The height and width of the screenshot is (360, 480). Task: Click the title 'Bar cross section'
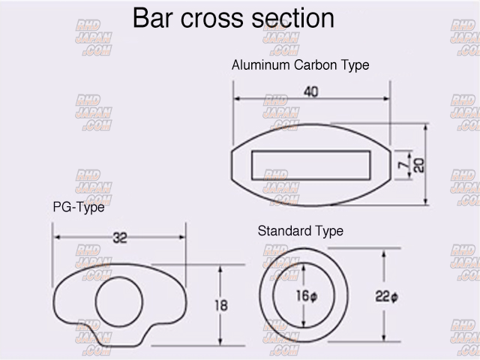[233, 18]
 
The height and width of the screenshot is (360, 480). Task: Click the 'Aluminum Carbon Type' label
[300, 65]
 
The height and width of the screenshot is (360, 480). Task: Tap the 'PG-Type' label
[78, 208]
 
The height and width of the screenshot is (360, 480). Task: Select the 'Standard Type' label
[300, 231]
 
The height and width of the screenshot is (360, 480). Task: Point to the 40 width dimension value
[311, 92]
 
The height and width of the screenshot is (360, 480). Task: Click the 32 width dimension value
[119, 238]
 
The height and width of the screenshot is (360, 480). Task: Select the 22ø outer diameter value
[385, 297]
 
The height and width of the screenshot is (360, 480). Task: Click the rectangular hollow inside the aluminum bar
[310, 164]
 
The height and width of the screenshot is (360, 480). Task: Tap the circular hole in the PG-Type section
[118, 301]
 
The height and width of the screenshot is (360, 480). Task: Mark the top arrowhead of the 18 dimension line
[219, 268]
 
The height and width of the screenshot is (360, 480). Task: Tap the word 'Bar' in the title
[154, 18]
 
